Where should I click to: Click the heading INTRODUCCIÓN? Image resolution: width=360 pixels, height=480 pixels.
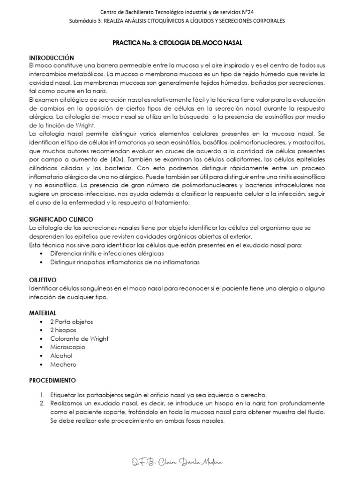tap(52, 57)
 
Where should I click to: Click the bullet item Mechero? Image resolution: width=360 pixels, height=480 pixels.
tap(63, 364)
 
